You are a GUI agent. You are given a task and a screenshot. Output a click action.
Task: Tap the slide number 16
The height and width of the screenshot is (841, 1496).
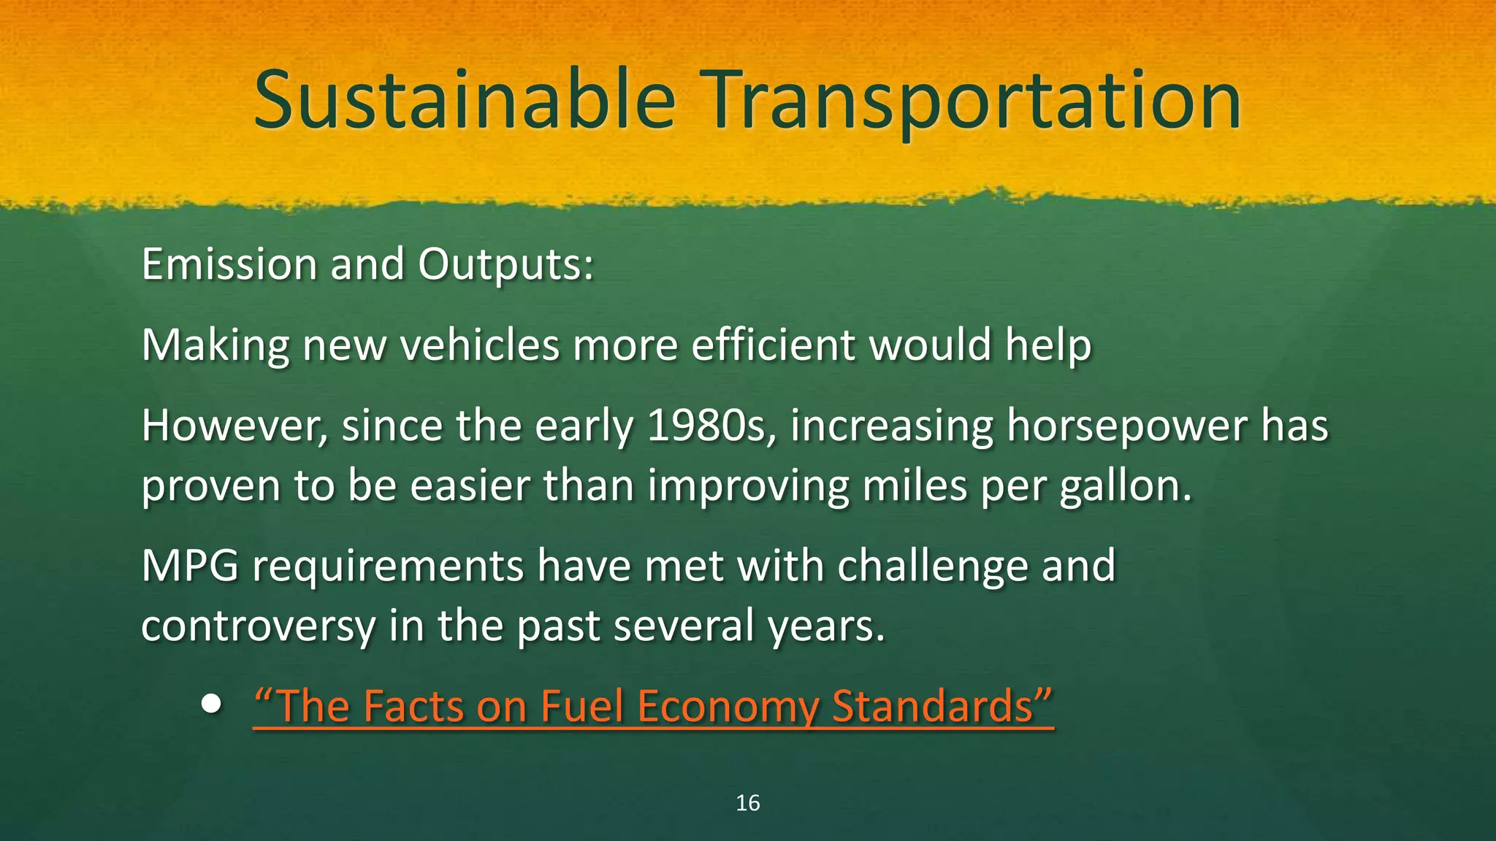[x=747, y=803]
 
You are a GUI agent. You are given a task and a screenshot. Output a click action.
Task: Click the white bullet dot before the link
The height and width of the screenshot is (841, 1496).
[x=211, y=704]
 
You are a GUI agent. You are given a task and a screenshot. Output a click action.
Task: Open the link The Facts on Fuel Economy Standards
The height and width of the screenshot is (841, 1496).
[x=653, y=706]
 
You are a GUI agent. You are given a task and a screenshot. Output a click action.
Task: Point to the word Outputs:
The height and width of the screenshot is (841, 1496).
[x=505, y=265]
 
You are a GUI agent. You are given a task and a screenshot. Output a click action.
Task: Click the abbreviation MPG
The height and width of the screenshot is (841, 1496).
[x=190, y=566]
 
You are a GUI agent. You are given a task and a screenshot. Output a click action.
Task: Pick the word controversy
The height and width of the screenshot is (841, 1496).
[x=258, y=626]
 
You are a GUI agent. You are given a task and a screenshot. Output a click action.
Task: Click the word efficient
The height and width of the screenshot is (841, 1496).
[x=773, y=345]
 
